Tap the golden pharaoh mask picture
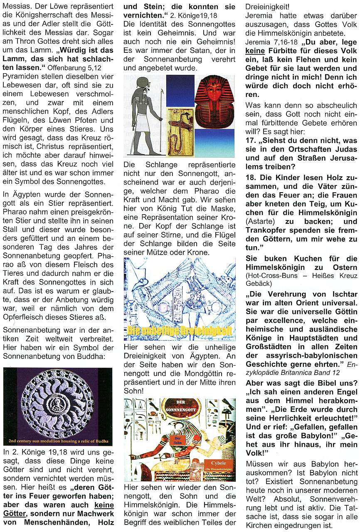214,102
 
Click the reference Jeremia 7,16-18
266,42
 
